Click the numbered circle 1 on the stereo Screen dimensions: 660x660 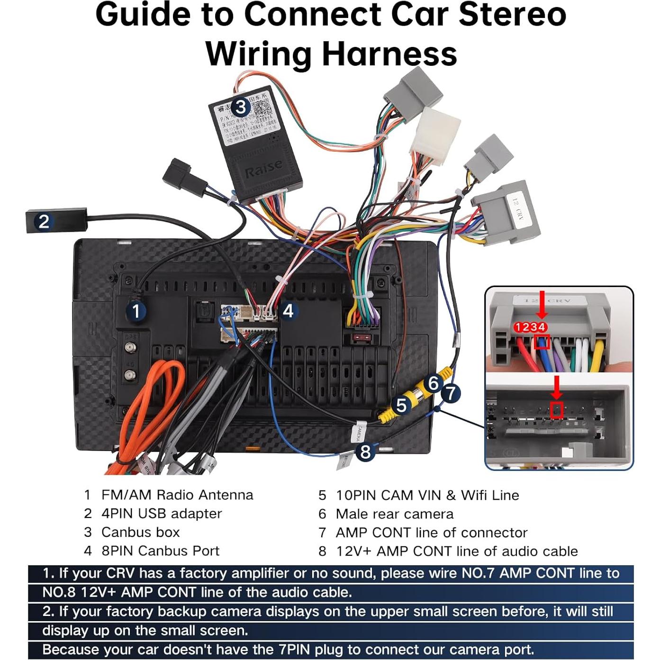pos(136,311)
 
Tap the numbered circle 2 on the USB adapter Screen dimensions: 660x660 pos(44,221)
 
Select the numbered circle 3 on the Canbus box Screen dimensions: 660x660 pos(240,107)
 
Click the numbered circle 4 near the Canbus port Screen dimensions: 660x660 pos(288,311)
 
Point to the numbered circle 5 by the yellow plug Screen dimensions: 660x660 pos(401,406)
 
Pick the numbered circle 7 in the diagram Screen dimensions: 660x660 pos(451,393)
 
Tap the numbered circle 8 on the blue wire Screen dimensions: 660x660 pos(365,452)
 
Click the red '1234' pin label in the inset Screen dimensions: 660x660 pos(531,327)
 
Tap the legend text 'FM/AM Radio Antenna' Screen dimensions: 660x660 pos(177,495)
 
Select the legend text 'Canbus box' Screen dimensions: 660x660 pos(141,532)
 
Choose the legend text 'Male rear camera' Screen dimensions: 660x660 pos(394,514)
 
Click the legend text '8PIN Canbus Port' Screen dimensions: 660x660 pos(160,551)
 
